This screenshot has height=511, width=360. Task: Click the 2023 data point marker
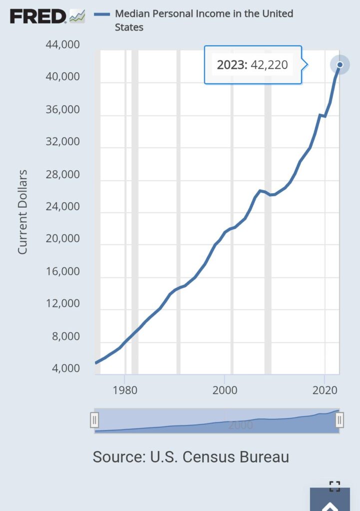340,64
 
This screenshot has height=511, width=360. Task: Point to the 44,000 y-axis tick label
62,45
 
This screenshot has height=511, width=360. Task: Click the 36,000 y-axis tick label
62,109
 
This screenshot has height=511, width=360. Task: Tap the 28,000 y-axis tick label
62,174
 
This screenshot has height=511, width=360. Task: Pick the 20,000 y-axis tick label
62,239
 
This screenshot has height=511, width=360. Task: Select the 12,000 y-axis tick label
62,303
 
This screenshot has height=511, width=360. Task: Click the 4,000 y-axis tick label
65,368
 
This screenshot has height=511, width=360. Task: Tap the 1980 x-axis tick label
125,389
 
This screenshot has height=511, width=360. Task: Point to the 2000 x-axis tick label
225,389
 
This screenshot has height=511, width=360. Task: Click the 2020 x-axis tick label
325,389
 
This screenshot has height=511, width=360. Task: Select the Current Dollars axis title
22,212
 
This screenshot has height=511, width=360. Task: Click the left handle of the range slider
94,420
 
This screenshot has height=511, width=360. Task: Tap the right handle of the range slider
340,420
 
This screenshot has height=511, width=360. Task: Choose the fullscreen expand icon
335,487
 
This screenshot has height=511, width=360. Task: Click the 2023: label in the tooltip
232,65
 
